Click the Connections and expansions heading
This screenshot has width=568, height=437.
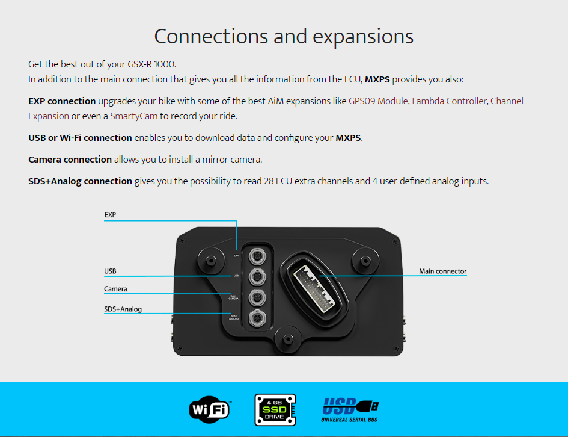[284, 36]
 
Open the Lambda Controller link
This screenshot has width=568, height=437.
[449, 101]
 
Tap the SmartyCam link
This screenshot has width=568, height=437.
[133, 116]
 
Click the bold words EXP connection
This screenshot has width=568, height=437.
[62, 101]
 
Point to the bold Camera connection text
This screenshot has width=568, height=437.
[70, 160]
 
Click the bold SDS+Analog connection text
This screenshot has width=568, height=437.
[80, 181]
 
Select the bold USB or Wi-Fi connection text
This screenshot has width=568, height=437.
[80, 138]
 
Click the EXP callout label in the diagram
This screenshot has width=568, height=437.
[110, 214]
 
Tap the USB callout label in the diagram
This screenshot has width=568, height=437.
[110, 271]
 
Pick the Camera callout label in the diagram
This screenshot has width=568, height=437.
[115, 289]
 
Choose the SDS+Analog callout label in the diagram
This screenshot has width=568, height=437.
[123, 309]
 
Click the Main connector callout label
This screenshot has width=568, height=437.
[442, 271]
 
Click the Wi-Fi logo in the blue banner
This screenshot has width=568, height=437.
[209, 410]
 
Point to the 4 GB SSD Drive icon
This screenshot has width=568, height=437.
[275, 410]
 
